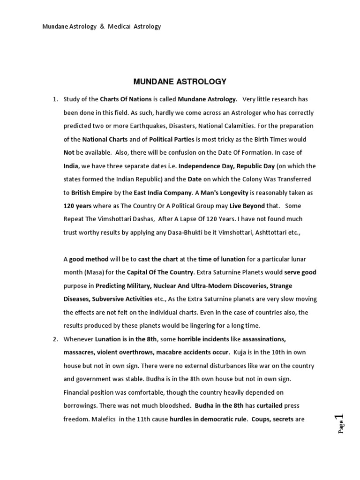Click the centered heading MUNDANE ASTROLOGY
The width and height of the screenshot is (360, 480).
180,82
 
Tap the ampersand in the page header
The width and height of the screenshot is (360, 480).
102,27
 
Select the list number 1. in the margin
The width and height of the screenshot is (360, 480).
55,99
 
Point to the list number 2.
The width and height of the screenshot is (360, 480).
55,338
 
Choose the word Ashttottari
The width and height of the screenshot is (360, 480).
275,232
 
